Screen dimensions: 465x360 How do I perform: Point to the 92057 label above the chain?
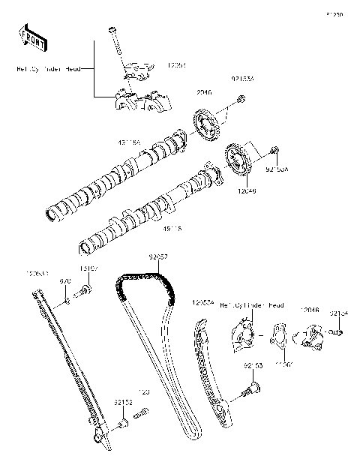click(157, 256)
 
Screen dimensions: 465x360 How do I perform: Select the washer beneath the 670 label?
click(65, 301)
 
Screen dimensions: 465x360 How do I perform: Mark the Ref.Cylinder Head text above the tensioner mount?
click(251, 306)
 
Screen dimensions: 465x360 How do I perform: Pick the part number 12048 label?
click(310, 309)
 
